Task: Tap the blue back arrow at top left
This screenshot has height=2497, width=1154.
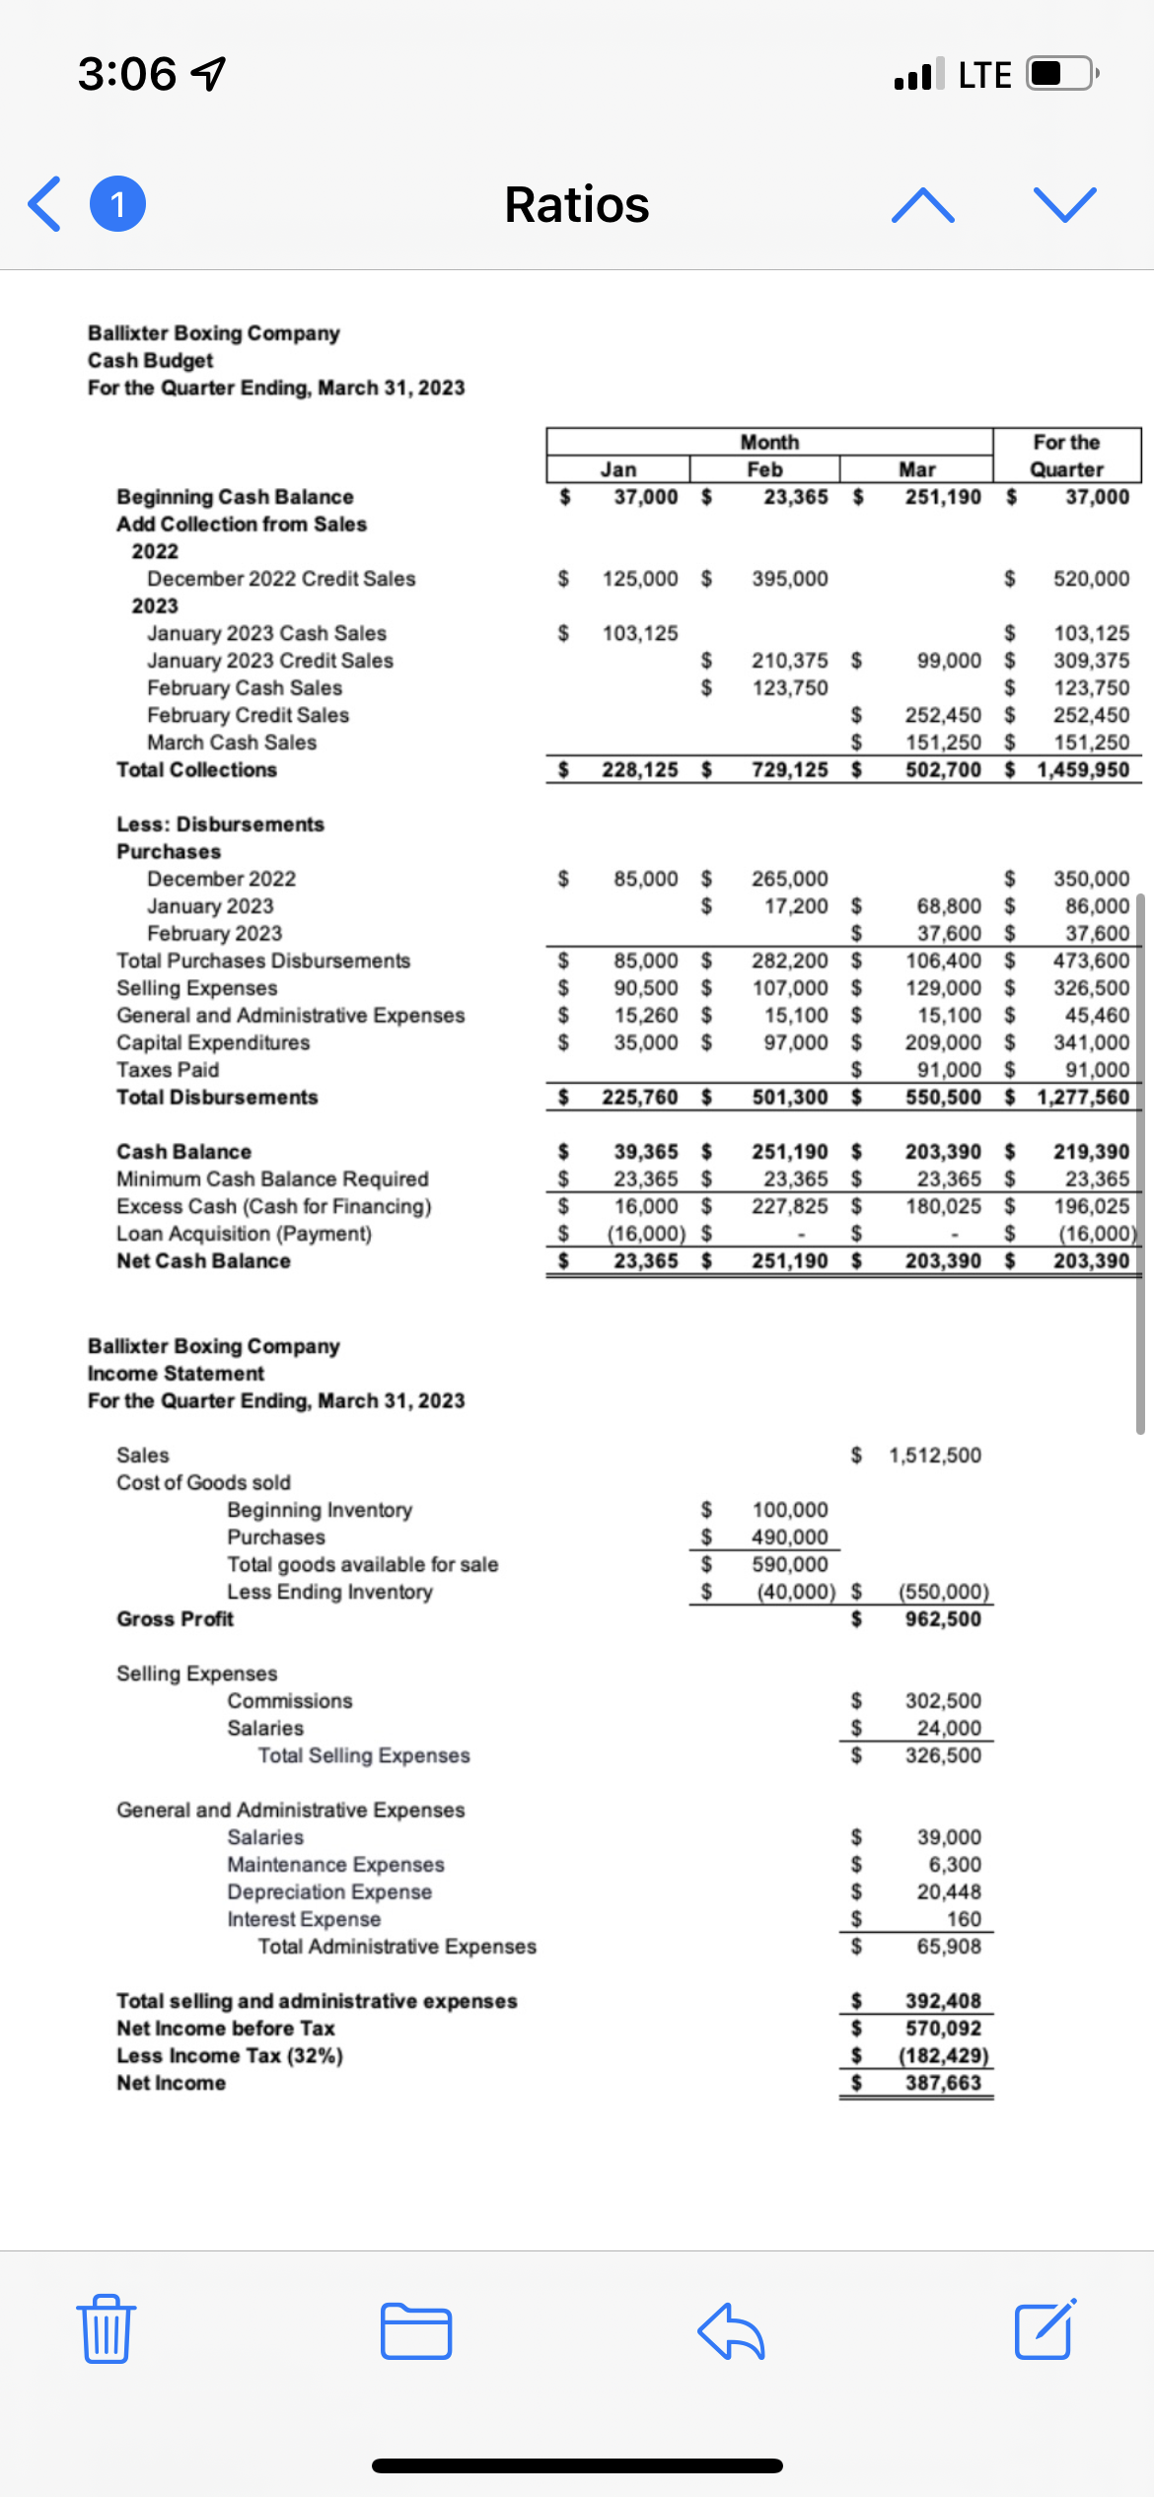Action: click(45, 204)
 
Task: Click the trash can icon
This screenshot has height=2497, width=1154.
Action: click(106, 2329)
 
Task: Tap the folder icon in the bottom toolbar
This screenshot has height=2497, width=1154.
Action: click(416, 2331)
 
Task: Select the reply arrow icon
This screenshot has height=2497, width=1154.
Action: click(731, 2331)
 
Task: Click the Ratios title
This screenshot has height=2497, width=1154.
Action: click(577, 205)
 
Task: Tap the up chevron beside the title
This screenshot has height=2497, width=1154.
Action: click(922, 205)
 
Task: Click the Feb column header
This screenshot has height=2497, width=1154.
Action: click(764, 469)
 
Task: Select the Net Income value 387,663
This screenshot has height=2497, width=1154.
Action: click(943, 2082)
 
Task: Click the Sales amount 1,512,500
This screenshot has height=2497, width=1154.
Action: click(935, 1455)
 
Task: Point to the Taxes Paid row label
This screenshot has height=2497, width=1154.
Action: click(168, 1069)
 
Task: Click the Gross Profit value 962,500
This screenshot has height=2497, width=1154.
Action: click(943, 1618)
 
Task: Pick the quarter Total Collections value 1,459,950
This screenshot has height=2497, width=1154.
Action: click(1083, 769)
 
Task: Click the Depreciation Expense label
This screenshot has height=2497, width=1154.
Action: click(329, 1891)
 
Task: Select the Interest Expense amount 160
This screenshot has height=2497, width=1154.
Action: click(964, 1918)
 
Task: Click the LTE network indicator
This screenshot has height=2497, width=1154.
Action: click(984, 75)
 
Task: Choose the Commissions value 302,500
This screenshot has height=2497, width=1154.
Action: click(943, 1700)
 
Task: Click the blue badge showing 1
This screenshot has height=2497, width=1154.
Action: click(117, 204)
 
